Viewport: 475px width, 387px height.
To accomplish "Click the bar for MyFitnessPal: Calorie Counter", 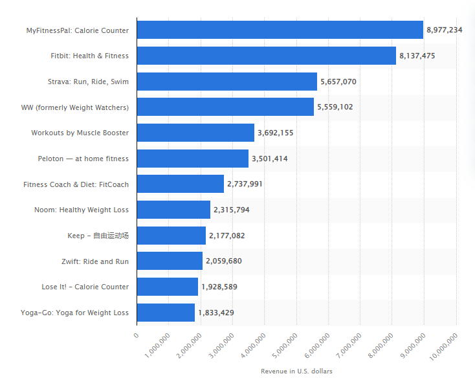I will tap(280, 30).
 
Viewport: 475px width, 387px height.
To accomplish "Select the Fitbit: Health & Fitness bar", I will tap(267, 56).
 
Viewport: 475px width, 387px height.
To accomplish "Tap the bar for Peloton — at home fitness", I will tap(193, 159).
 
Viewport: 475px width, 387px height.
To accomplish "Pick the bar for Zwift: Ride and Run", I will tap(170, 261).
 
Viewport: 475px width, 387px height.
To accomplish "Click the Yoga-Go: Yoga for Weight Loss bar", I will tap(166, 313).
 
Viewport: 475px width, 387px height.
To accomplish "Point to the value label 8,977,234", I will tap(444, 30).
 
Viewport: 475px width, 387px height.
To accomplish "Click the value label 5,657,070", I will tap(338, 82).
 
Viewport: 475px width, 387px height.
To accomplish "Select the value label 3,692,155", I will tap(275, 133).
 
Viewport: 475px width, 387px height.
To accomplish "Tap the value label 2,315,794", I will tap(231, 210).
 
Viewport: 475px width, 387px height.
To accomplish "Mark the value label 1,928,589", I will tap(219, 287).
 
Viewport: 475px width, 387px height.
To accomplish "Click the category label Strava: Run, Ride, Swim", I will tap(88, 82).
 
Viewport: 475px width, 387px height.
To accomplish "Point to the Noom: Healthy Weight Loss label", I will tap(82, 210).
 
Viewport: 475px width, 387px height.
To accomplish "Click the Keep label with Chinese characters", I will tap(98, 236).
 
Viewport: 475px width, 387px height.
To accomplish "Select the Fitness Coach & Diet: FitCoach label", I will tap(76, 184).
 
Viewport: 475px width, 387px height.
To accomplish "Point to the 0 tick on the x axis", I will tap(136, 335).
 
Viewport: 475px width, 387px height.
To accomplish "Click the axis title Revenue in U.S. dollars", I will tap(296, 371).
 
